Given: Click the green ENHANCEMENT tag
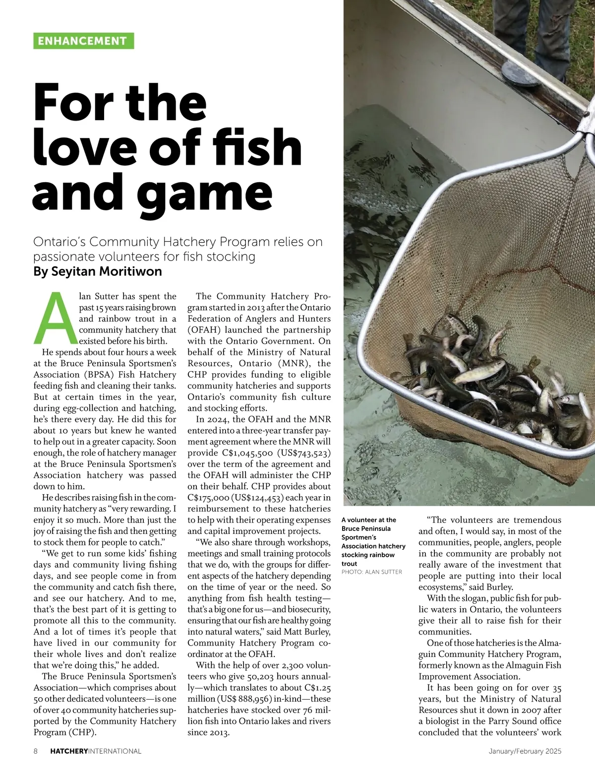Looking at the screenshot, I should coord(83,41).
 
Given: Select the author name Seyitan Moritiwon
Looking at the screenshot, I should coord(97,272).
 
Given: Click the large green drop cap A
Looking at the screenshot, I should coord(55,318).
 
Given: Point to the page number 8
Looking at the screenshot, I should coord(36,751).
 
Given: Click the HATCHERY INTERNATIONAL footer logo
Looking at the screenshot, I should coord(96,751).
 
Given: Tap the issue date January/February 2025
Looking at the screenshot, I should coord(525,751).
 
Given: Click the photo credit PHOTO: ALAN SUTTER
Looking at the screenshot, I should coord(371,572).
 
